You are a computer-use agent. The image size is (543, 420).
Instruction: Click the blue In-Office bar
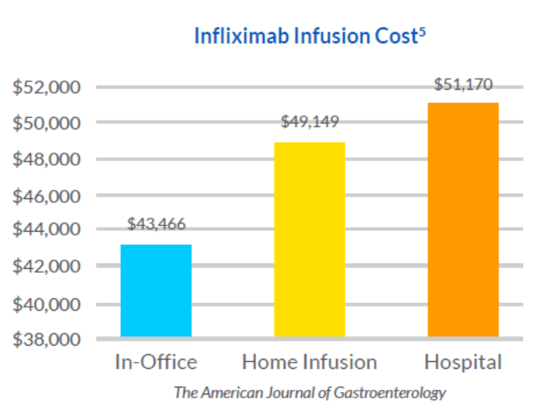(x=156, y=291)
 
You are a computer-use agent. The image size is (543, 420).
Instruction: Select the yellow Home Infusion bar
(x=310, y=239)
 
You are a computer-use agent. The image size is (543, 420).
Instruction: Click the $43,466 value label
(x=157, y=225)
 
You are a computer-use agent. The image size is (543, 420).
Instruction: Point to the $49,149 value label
(x=310, y=122)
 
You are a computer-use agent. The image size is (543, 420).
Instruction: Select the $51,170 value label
(x=463, y=84)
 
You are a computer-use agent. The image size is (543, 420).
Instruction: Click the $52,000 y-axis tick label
(x=47, y=87)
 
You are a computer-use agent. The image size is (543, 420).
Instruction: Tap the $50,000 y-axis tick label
(x=47, y=122)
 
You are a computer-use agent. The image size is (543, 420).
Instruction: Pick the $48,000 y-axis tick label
(x=47, y=160)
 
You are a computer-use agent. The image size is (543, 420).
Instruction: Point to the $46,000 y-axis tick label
(x=47, y=196)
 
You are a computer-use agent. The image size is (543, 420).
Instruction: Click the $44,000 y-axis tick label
(x=47, y=230)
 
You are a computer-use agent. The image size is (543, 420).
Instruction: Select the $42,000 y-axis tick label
(x=47, y=267)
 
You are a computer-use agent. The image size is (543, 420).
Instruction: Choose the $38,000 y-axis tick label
(x=47, y=339)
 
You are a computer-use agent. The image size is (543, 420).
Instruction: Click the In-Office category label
(x=156, y=362)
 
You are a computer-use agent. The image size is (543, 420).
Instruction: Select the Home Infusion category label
(x=310, y=362)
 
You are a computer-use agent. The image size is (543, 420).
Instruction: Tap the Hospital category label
(x=463, y=362)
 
